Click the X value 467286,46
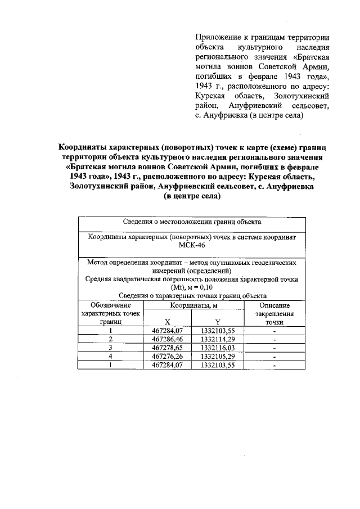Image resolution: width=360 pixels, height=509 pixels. point(168,340)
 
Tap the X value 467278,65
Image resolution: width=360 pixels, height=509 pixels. point(168,348)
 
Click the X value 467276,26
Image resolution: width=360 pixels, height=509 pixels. point(168,357)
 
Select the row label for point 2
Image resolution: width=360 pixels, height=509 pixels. point(111,340)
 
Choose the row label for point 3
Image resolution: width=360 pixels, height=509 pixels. point(111,348)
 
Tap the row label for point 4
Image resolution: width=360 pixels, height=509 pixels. point(111,357)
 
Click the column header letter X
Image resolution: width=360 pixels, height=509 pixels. point(168,322)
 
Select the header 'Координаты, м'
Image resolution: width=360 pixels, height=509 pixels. point(193,305)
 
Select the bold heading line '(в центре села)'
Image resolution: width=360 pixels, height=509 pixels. point(191,197)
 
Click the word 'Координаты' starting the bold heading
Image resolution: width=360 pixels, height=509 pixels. point(83,147)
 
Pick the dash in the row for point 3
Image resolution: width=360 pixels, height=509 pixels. point(274,348)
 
